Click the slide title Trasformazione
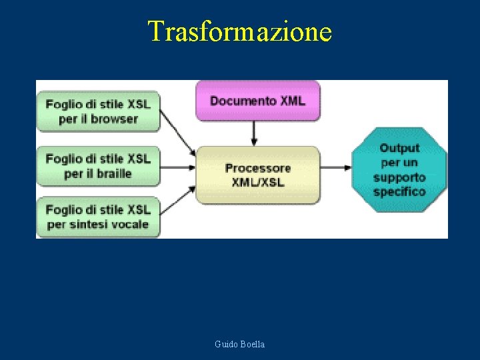point(239,31)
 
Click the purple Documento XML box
point(257,101)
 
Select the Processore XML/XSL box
point(257,175)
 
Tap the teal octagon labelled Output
point(399,170)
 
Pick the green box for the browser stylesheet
point(98,111)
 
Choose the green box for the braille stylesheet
point(98,166)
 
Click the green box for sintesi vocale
point(98,217)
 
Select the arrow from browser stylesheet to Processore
point(178,133)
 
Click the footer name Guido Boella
point(239,344)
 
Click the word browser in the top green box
point(114,119)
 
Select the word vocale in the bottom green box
point(127,225)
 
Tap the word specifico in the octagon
point(399,192)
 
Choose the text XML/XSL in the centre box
point(257,182)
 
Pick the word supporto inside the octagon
point(399,177)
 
